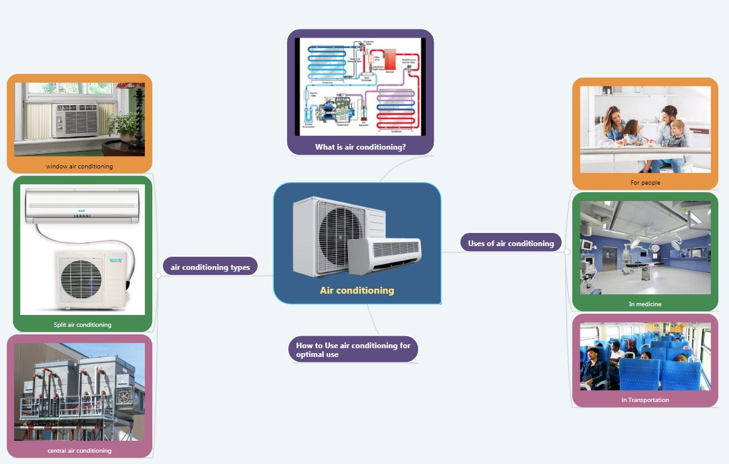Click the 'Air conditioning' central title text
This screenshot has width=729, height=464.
point(357,291)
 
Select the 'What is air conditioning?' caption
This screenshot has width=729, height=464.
point(360,147)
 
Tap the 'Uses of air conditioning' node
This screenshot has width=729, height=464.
point(511,243)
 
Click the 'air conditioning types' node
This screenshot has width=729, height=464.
point(210,267)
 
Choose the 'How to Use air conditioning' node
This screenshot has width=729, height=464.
point(353,349)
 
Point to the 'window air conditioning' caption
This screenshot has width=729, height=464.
point(79,167)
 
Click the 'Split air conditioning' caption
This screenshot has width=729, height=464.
point(82,324)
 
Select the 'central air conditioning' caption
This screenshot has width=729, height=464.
point(79,450)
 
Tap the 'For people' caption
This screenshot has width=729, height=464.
point(645,183)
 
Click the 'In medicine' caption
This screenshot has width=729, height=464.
point(645,304)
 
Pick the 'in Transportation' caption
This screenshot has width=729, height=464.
point(645,400)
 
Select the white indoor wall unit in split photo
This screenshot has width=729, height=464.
point(81,207)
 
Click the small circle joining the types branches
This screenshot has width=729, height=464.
point(157,275)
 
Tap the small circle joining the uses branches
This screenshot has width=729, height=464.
point(567,252)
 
